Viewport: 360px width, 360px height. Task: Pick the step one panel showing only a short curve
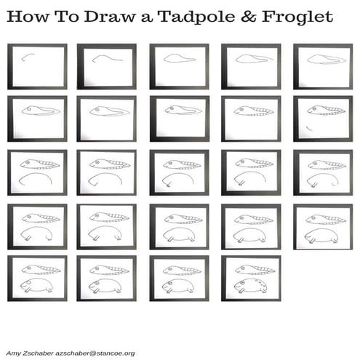pos(36,66)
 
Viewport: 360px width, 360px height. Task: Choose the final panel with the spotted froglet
pos(251,278)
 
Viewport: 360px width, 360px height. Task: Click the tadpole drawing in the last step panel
pos(252,270)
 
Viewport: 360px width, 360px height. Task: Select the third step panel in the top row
pos(179,66)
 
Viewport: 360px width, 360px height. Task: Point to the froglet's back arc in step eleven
pos(36,175)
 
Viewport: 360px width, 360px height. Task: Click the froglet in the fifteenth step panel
pos(322,177)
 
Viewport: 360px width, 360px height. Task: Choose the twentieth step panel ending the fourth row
pos(322,226)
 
